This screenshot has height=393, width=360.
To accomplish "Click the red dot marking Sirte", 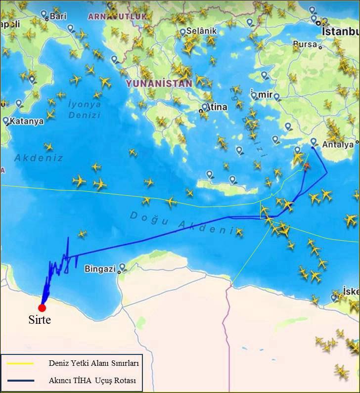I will pos(42,307).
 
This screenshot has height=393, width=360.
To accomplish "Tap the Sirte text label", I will pos(39,320).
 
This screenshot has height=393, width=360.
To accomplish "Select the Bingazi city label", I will pos(100,269).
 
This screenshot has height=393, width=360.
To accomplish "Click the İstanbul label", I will pos(340,31).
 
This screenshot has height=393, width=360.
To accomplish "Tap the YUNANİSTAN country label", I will pos(158,84).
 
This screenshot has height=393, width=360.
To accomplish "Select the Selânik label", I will pos(201,31).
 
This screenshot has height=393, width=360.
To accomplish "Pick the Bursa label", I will pos(304,44).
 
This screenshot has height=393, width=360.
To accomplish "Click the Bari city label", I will pos(58,16).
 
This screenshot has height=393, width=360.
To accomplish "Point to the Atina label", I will pos(216,106).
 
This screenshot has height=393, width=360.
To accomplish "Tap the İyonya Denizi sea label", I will pos(85,109).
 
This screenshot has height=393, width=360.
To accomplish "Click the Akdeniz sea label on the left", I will pos(39,158).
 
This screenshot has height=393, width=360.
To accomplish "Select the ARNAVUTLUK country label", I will pos(117,16).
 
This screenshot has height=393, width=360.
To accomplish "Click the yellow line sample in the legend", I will pos(20,363).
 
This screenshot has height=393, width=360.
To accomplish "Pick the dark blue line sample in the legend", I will pos(20,380).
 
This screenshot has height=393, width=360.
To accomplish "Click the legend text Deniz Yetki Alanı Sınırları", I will pos(93,363).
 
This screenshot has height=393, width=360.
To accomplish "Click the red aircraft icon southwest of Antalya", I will pos(307,166).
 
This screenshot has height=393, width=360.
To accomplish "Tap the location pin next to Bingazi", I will pos(122,267).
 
